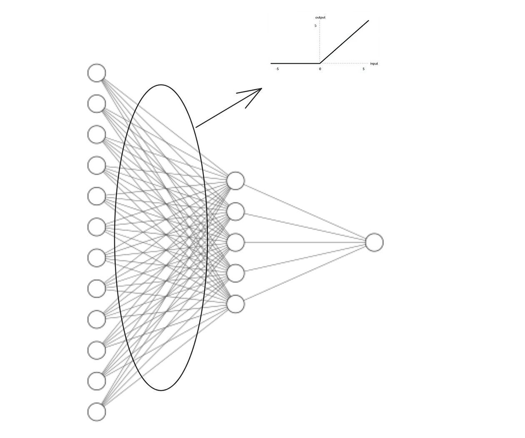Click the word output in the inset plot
(320, 17)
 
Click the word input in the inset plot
(374, 64)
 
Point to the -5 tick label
(277, 69)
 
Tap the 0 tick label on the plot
(320, 69)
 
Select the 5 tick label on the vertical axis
(315, 26)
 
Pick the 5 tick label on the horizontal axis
(363, 69)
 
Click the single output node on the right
(374, 242)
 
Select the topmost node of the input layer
(97, 72)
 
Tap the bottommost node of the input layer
(97, 412)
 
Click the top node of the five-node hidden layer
(236, 181)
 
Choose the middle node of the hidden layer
(236, 242)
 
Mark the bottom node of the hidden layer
(236, 304)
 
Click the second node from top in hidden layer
(236, 212)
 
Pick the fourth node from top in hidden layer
(236, 273)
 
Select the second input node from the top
(97, 103)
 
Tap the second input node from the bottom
(97, 381)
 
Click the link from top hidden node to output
(304, 211)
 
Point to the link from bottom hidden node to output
(304, 274)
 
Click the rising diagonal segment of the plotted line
(344, 42)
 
